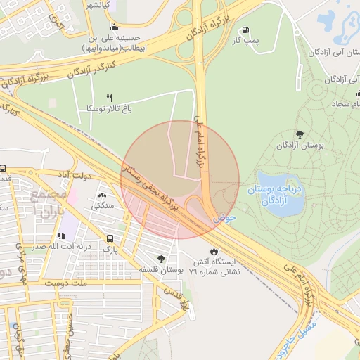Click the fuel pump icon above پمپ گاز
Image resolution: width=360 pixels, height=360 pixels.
click(244, 30)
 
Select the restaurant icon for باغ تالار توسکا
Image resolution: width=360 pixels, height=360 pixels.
click(109, 97)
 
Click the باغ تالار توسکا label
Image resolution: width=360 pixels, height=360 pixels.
click(109, 109)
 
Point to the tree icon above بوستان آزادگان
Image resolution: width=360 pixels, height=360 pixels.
click(300, 134)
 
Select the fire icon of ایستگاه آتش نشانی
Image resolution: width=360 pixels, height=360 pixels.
click(214, 251)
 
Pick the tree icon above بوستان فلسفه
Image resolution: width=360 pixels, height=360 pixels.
click(162, 258)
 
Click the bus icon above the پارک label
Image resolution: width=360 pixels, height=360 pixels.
click(110, 238)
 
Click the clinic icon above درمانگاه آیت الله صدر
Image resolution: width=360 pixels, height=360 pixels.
click(63, 235)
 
